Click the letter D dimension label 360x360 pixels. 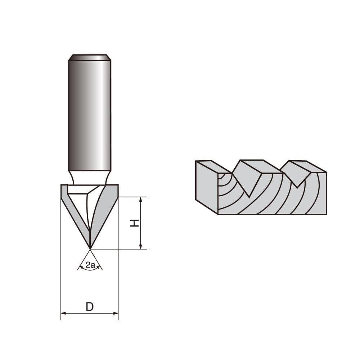click(90, 307)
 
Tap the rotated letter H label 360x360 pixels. click(134, 223)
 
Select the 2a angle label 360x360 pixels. click(90, 266)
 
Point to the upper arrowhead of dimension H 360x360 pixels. click(140, 199)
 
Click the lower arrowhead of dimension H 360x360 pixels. click(140, 247)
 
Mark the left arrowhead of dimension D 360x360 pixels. click(63, 313)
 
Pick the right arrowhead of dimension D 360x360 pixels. click(116, 313)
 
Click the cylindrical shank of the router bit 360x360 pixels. click(90, 115)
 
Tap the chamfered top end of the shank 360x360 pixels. click(90, 58)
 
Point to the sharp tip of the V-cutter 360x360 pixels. click(90, 248)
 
